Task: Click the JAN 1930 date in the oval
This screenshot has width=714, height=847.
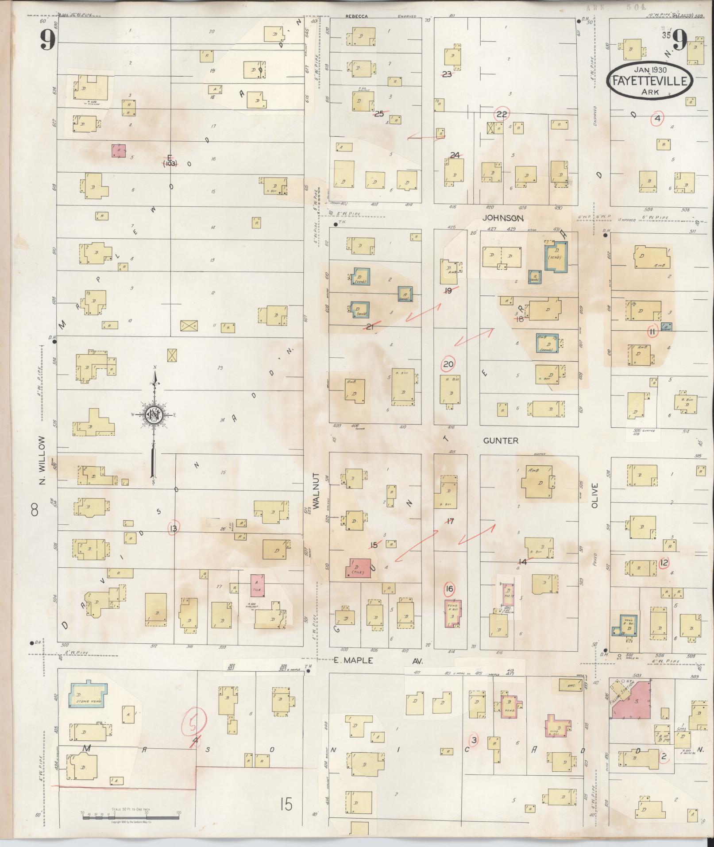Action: (x=650, y=70)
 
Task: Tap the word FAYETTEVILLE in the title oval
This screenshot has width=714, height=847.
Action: (x=650, y=81)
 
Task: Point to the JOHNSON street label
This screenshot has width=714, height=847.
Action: (x=503, y=218)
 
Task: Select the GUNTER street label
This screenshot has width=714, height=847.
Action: (x=500, y=441)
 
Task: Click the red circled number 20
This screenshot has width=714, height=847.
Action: (x=448, y=364)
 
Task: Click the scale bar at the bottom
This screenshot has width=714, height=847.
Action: (x=131, y=815)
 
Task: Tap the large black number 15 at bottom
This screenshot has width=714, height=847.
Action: (x=286, y=803)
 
